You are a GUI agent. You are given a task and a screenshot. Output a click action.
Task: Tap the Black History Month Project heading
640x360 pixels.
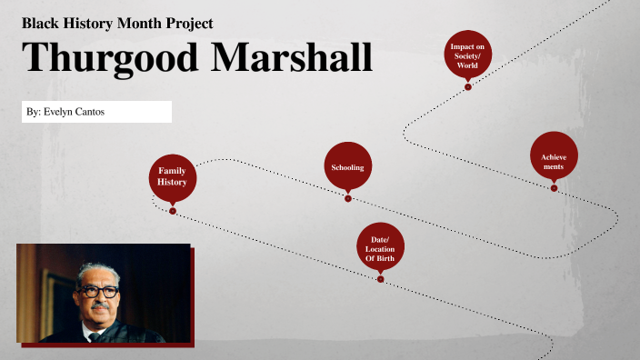coord(117,23)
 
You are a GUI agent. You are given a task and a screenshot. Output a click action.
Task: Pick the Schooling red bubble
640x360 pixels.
coord(347,166)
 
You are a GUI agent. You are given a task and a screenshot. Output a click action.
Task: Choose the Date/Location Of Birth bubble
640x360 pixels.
coord(380,246)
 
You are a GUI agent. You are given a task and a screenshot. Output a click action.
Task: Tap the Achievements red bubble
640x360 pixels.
coord(554,161)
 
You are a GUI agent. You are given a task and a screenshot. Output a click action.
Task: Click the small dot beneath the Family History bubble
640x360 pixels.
coord(173,211)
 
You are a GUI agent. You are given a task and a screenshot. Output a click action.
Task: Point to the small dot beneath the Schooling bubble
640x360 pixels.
coord(347,197)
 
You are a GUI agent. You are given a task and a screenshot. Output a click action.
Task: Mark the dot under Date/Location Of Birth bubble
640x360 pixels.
coord(380,279)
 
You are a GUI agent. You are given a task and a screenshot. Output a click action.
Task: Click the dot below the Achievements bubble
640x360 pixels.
coord(554,188)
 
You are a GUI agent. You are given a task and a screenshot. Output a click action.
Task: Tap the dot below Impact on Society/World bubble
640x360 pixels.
coord(467,87)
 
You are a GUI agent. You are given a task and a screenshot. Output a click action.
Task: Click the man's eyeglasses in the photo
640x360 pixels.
coord(97,292)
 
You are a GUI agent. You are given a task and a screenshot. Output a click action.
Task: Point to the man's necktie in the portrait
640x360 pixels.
coord(94,336)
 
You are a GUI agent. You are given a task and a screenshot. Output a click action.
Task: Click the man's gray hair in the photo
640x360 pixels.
coord(98,270)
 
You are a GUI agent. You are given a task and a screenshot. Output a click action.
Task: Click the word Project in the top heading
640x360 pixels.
coord(187,23)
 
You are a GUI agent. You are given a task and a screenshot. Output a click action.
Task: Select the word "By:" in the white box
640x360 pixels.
coord(34,112)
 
